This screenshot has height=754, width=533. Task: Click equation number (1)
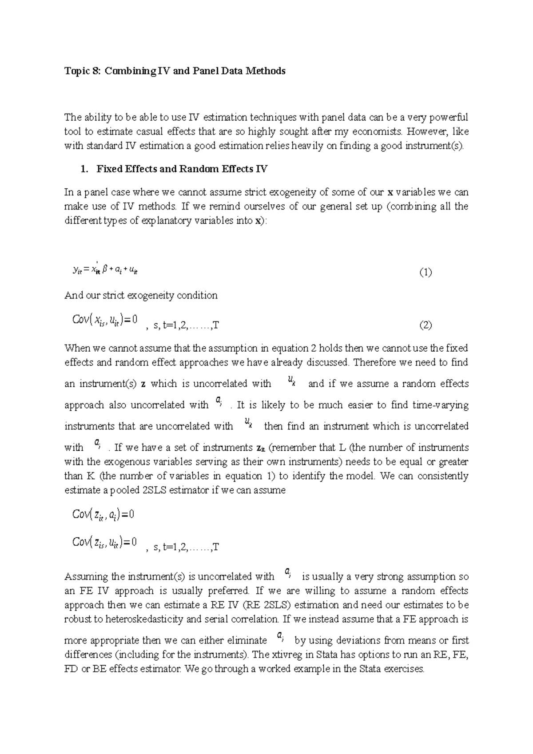click(x=426, y=272)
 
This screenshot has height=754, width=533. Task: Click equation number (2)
click(x=426, y=325)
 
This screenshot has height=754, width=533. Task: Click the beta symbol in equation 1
click(x=105, y=269)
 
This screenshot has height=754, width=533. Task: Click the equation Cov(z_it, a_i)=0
click(x=103, y=515)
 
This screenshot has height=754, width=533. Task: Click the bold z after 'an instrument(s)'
click(x=143, y=384)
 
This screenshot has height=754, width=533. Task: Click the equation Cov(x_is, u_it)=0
click(x=105, y=320)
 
